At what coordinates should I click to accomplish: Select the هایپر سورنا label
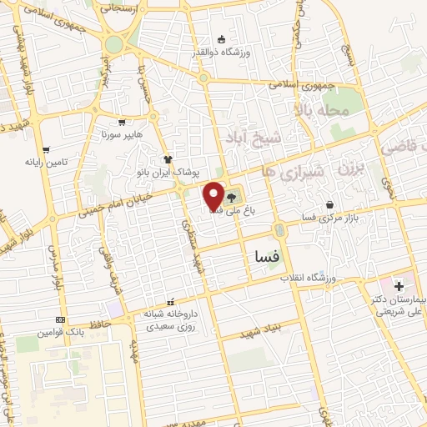click(x=123, y=133)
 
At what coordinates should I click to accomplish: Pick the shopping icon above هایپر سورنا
click(x=123, y=122)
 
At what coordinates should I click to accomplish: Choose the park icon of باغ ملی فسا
click(x=231, y=199)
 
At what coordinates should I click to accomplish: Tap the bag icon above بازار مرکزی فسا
click(x=330, y=204)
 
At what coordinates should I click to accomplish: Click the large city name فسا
click(x=264, y=258)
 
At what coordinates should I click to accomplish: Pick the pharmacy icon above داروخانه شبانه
click(x=171, y=302)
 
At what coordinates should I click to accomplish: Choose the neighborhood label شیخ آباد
click(x=246, y=136)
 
